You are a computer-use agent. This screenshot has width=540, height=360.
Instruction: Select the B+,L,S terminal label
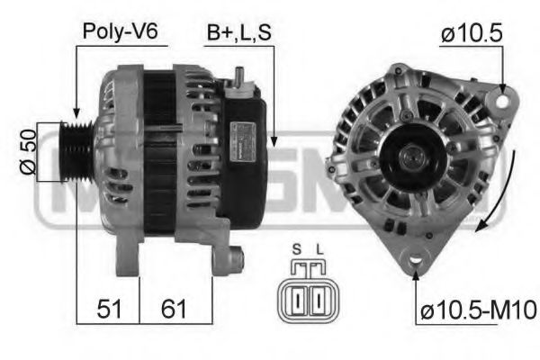238,31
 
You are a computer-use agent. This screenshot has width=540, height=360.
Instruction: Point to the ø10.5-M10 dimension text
477,311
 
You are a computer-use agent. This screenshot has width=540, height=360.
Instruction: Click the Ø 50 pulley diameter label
26,152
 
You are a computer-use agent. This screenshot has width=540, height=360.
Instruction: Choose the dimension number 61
174,310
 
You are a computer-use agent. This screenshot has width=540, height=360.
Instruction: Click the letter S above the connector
296,249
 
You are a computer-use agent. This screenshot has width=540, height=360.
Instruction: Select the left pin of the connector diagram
297,296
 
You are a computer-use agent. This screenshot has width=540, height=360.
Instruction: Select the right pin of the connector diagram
316,296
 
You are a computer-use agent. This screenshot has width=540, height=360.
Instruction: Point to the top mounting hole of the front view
501,94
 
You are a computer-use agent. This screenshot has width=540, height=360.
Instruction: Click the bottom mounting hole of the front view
416,259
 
